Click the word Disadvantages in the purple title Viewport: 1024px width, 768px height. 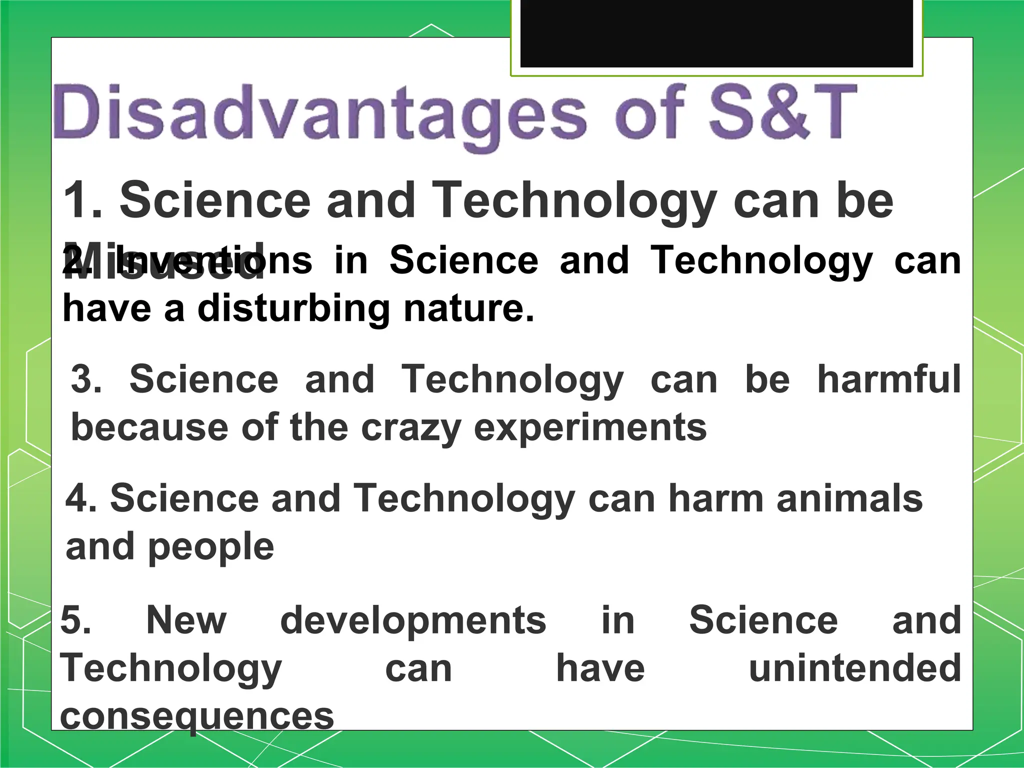(320, 114)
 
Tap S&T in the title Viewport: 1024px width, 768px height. (782, 112)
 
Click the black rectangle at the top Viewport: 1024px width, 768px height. (716, 33)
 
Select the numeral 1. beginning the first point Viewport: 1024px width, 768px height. (82, 200)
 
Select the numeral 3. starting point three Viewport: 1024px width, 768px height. (86, 379)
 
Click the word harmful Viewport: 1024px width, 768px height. (888, 379)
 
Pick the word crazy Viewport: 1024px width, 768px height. (410, 428)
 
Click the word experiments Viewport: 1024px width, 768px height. (590, 428)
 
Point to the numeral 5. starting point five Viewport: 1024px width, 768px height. (75, 620)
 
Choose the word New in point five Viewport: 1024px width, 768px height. (186, 620)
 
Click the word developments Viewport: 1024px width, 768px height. (413, 620)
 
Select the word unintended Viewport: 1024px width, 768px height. (854, 668)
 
